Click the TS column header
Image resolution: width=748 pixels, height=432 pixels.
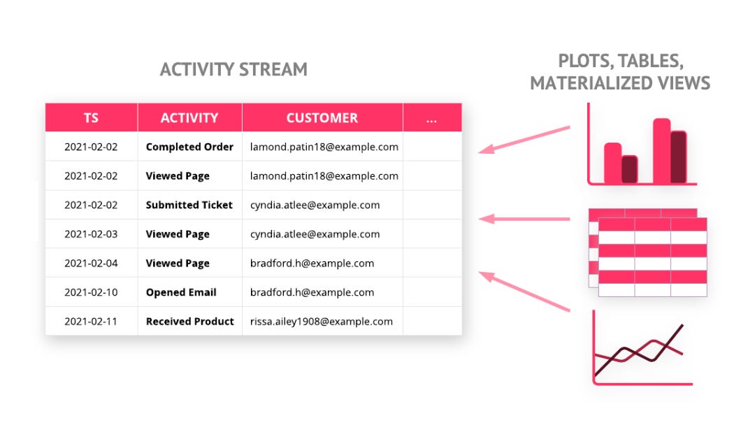click(x=91, y=117)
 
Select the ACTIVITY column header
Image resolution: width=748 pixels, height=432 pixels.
click(x=189, y=117)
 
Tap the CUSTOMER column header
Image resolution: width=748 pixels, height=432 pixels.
click(x=322, y=117)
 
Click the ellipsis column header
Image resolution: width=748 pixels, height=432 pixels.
click(x=432, y=117)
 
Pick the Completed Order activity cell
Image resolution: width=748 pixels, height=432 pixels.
click(x=189, y=147)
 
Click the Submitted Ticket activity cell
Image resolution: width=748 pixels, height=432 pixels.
click(x=189, y=205)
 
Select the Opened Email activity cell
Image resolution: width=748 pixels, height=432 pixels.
click(x=181, y=292)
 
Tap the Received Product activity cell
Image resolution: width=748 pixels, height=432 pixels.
click(x=190, y=322)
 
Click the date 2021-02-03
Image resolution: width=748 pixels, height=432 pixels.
click(x=91, y=234)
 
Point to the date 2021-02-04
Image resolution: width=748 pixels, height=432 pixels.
click(x=91, y=264)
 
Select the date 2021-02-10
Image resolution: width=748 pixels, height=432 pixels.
click(x=91, y=292)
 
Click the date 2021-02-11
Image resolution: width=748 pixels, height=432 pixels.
click(x=91, y=322)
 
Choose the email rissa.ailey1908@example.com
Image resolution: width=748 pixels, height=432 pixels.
click(x=321, y=322)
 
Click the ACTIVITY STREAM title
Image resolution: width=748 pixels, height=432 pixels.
click(x=233, y=70)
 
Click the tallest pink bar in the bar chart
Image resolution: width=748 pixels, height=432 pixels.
click(x=661, y=151)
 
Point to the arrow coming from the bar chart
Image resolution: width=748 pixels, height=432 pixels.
click(x=524, y=140)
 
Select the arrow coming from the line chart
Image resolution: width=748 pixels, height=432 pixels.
click(x=524, y=291)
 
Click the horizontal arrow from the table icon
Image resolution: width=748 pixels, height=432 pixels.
click(x=524, y=219)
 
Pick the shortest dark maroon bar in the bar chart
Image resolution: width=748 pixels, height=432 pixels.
click(x=629, y=169)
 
